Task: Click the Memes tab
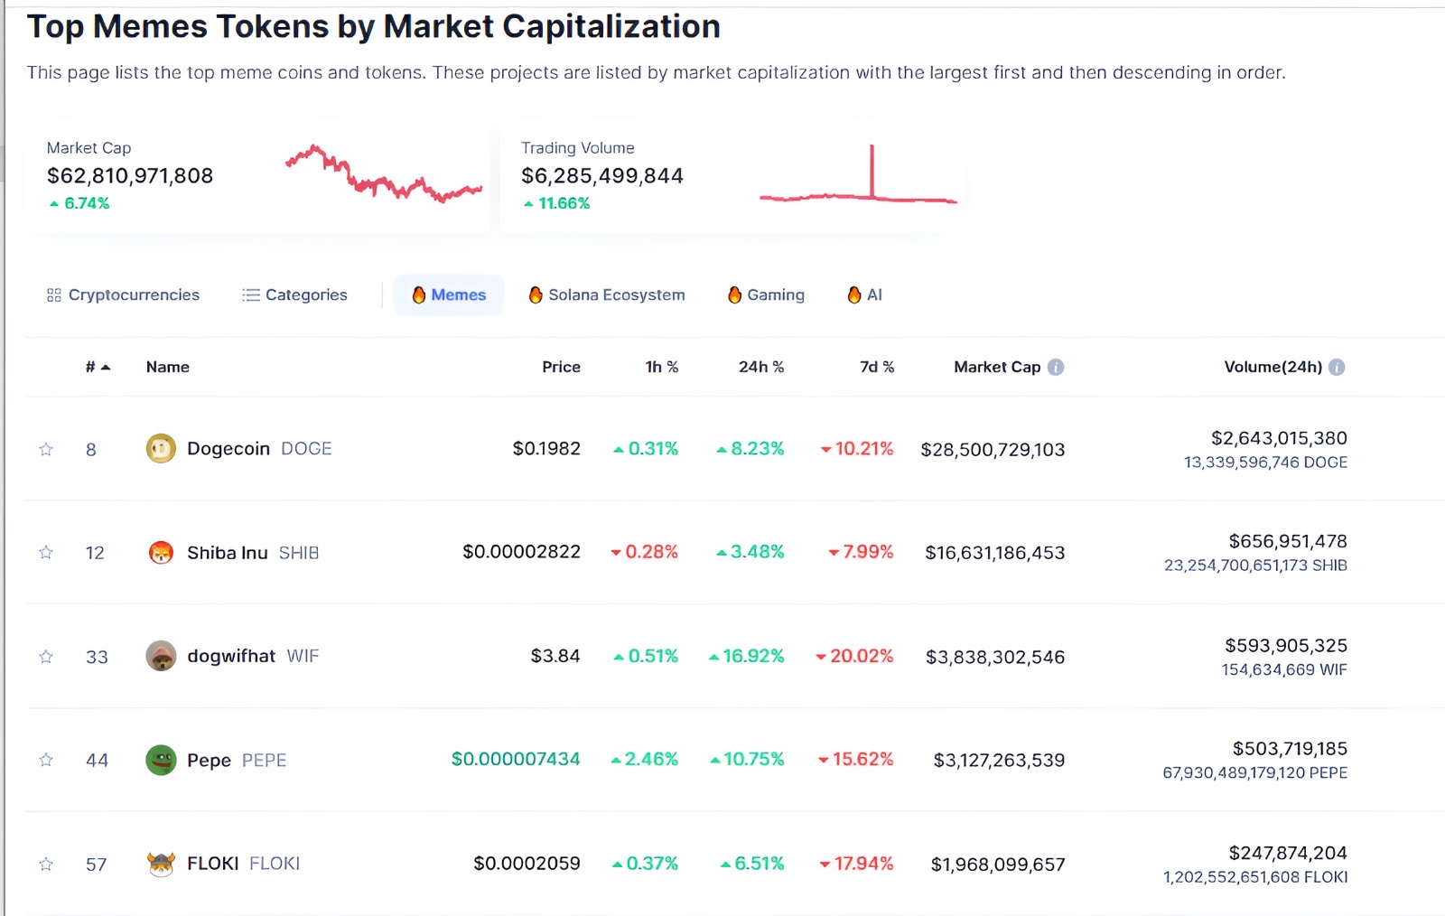pyautogui.click(x=449, y=295)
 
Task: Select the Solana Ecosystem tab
pyautogui.click(x=607, y=295)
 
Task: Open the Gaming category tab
pyautogui.click(x=766, y=295)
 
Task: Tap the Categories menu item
pyautogui.click(x=294, y=295)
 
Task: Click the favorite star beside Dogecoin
pyautogui.click(x=46, y=449)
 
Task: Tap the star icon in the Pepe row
pyautogui.click(x=46, y=760)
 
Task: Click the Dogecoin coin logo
pyautogui.click(x=161, y=448)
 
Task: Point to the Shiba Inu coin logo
pyautogui.click(x=161, y=552)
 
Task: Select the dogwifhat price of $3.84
pyautogui.click(x=555, y=656)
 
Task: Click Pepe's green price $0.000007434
pyautogui.click(x=516, y=760)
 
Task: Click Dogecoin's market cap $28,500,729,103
pyautogui.click(x=993, y=450)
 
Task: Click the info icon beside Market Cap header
pyautogui.click(x=1056, y=367)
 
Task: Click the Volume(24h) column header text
pyautogui.click(x=1273, y=367)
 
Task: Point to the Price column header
pyautogui.click(x=561, y=367)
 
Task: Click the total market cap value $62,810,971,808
pyautogui.click(x=130, y=176)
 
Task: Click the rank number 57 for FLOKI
pyautogui.click(x=96, y=865)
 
